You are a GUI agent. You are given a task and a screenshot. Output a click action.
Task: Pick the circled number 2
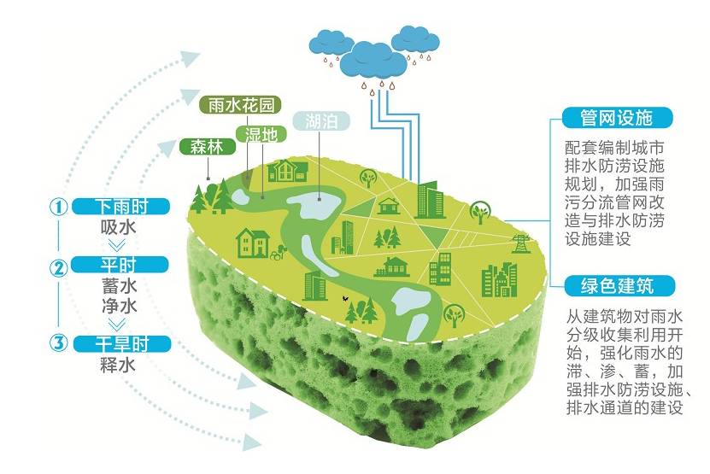point(58,266)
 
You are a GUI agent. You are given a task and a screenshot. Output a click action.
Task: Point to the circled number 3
point(58,343)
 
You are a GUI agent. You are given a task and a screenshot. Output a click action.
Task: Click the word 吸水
point(119,227)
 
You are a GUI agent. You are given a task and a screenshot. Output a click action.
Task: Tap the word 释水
point(119,365)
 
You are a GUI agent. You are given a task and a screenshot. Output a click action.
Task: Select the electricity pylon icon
point(518,243)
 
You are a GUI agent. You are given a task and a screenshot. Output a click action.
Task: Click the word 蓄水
point(119,285)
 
